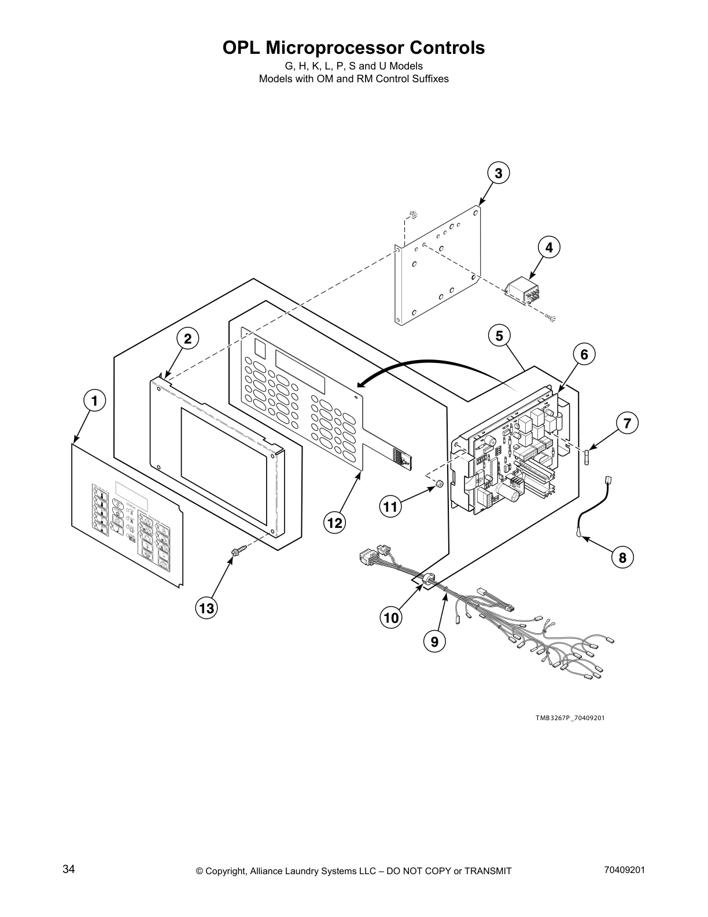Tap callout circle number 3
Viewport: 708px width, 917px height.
point(498,173)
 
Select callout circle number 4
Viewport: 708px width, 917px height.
point(549,247)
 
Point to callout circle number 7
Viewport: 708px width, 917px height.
point(626,422)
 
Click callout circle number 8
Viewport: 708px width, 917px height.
point(622,557)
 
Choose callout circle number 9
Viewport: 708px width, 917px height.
point(434,641)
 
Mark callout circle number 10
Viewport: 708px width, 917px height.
point(392,618)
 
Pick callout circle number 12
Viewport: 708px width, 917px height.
point(334,523)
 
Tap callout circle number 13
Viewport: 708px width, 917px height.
point(207,608)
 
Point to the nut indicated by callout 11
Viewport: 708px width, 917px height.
point(439,483)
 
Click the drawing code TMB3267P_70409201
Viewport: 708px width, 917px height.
point(569,718)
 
